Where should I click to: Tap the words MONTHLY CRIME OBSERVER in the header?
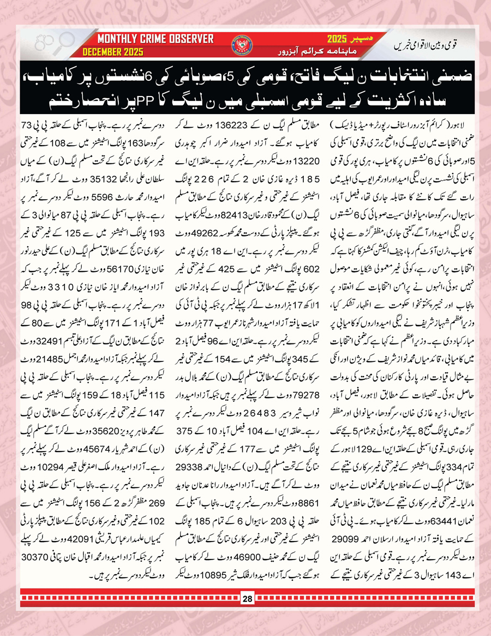[155, 39]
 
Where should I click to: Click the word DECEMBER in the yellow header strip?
[104, 52]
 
